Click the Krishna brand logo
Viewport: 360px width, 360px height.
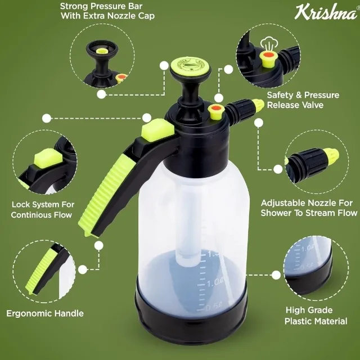(x=326, y=12)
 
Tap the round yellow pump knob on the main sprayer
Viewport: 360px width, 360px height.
(x=190, y=66)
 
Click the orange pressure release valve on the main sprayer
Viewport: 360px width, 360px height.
(x=215, y=108)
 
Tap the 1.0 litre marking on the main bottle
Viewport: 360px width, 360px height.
(x=214, y=282)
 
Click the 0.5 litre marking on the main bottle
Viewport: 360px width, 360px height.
(x=214, y=307)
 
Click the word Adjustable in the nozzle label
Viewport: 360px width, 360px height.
(x=283, y=203)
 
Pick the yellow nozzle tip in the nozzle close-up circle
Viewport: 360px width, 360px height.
(x=331, y=156)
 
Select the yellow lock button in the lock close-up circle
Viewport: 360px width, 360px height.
(x=48, y=157)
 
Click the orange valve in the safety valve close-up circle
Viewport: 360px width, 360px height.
(x=268, y=55)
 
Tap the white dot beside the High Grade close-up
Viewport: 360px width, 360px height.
(x=276, y=275)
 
